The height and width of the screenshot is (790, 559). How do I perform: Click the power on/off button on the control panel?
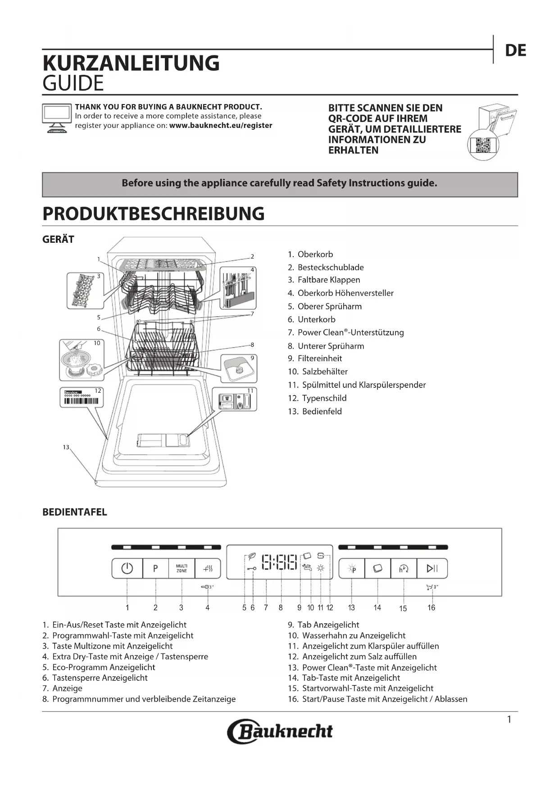click(x=127, y=568)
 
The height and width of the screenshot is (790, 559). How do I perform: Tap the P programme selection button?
click(x=155, y=568)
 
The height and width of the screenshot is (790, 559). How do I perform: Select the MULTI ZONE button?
click(x=182, y=568)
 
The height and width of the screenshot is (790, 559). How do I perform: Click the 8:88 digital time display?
click(x=280, y=562)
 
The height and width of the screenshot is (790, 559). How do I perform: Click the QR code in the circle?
click(x=483, y=145)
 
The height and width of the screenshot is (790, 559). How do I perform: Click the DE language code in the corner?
click(x=515, y=50)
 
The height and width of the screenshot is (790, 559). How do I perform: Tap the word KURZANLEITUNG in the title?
click(x=131, y=63)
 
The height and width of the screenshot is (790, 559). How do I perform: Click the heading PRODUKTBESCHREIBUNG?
click(x=153, y=213)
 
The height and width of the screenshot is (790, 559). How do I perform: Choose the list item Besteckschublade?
click(x=330, y=267)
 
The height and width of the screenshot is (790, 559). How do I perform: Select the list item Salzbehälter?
click(x=324, y=372)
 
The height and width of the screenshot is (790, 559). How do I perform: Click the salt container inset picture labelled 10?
click(x=82, y=360)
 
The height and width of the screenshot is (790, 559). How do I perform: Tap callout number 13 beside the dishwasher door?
click(x=66, y=447)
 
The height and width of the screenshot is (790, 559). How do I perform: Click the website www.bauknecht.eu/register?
click(x=220, y=125)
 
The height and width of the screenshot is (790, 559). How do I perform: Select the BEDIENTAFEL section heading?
click(x=75, y=512)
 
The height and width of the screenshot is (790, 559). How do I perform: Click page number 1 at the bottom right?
click(x=509, y=719)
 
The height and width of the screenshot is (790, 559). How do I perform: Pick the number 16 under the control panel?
click(x=431, y=608)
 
